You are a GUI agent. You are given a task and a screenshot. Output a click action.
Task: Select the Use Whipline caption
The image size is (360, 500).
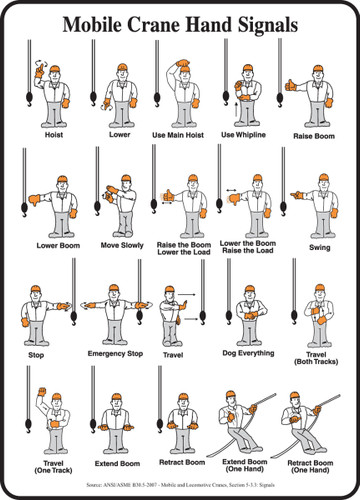pyautogui.click(x=241, y=134)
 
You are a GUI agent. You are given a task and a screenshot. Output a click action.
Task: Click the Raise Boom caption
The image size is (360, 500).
pyautogui.click(x=313, y=134)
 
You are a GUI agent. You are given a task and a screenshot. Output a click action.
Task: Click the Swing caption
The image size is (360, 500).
pyautogui.click(x=320, y=246)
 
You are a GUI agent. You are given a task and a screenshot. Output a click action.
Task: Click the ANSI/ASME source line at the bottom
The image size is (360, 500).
pyautogui.click(x=180, y=486)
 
